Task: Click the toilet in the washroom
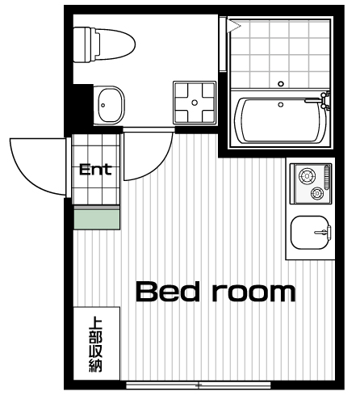pos(104,44)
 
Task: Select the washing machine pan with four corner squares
pos(195,103)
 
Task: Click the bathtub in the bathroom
pos(281,120)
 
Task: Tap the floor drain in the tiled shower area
pos(281,84)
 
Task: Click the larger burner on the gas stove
pos(307,176)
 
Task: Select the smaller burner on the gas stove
pos(317,193)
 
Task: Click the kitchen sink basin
pos(310,233)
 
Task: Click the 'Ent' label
pos(95,170)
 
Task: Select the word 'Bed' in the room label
pos(168,292)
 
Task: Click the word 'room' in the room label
pos(254,293)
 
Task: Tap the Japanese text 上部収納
pos(95,345)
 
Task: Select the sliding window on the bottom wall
pos(199,385)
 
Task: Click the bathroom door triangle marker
pos(233,26)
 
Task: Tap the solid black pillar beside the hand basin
pos(83,105)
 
